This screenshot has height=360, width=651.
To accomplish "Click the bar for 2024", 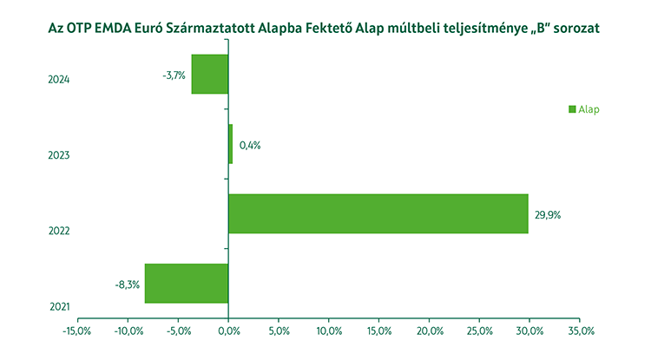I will click(210, 74).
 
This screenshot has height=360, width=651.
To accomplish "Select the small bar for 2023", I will click(231, 144).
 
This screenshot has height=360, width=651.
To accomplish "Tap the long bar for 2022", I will click(378, 213).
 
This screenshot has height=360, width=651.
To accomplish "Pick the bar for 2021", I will click(187, 284).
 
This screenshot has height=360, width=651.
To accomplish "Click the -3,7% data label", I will click(174, 75).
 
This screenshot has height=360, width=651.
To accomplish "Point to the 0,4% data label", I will click(250, 145).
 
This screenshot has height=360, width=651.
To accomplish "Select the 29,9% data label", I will click(549, 214).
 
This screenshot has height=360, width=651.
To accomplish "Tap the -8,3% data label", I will click(127, 284).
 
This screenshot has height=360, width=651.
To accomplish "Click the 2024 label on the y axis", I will click(59, 80).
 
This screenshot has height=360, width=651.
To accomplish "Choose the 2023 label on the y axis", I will click(59, 155).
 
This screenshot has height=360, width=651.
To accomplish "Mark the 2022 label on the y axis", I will click(59, 231).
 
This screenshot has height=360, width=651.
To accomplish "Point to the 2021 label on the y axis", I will click(59, 306).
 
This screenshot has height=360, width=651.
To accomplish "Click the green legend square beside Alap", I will click(572, 109).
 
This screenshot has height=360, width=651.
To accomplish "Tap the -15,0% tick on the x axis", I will click(77, 331).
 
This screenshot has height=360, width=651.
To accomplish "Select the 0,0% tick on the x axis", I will click(228, 331).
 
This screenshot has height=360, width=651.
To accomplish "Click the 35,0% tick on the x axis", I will click(580, 331).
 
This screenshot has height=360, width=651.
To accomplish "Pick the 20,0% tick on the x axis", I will click(430, 331).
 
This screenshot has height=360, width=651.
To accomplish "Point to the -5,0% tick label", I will click(178, 331).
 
